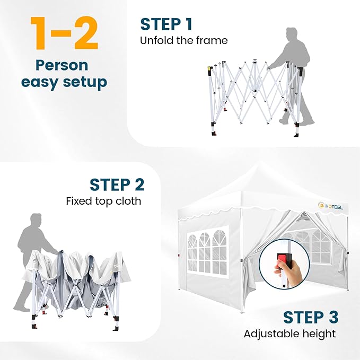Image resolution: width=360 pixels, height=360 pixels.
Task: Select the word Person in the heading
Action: pos(62,66)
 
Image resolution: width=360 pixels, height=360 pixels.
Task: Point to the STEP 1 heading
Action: pos(166,24)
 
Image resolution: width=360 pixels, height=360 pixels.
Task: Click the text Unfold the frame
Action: pos(184,41)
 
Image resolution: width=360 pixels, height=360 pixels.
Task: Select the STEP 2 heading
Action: pos(117,185)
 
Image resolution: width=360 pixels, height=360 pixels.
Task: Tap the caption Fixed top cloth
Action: pos(103,201)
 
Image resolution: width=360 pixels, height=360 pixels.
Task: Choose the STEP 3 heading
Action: pos(311,317)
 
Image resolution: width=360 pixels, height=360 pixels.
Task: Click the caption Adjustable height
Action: pos(289,334)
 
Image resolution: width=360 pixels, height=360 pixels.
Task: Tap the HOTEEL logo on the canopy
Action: pos(331,206)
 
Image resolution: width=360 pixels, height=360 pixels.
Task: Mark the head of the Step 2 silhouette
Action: pos(36,220)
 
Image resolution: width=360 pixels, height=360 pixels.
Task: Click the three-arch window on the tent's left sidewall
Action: pos(207,252)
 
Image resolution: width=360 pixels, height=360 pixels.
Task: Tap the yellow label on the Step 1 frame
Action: pos(209,68)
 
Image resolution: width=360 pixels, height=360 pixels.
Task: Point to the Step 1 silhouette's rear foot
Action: pos(283,121)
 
